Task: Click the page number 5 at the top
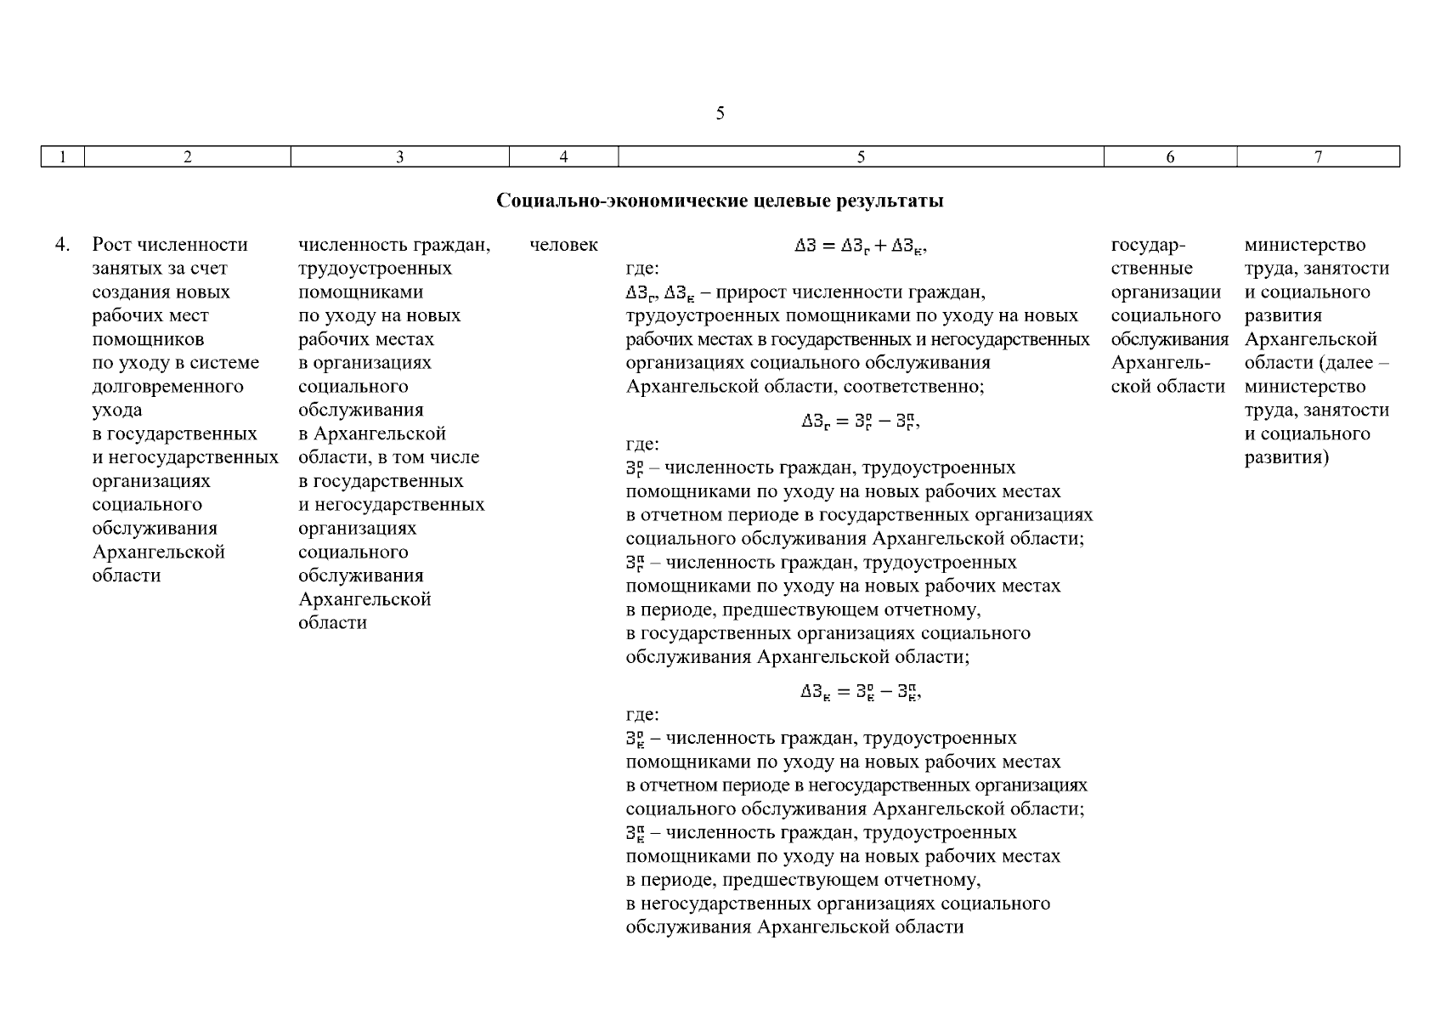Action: (x=720, y=113)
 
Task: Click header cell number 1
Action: (x=62, y=156)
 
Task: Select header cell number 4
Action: (x=563, y=156)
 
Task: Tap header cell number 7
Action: (x=1318, y=156)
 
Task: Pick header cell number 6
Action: (x=1170, y=156)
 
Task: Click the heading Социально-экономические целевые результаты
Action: (x=720, y=201)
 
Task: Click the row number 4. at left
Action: (x=62, y=245)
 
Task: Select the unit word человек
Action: (x=563, y=245)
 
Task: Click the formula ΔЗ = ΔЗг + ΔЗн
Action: (x=860, y=246)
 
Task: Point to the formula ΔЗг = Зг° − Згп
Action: (x=860, y=422)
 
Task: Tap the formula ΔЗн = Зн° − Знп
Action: (x=860, y=692)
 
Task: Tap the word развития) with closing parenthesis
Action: (x=1286, y=458)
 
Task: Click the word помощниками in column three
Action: (x=360, y=292)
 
